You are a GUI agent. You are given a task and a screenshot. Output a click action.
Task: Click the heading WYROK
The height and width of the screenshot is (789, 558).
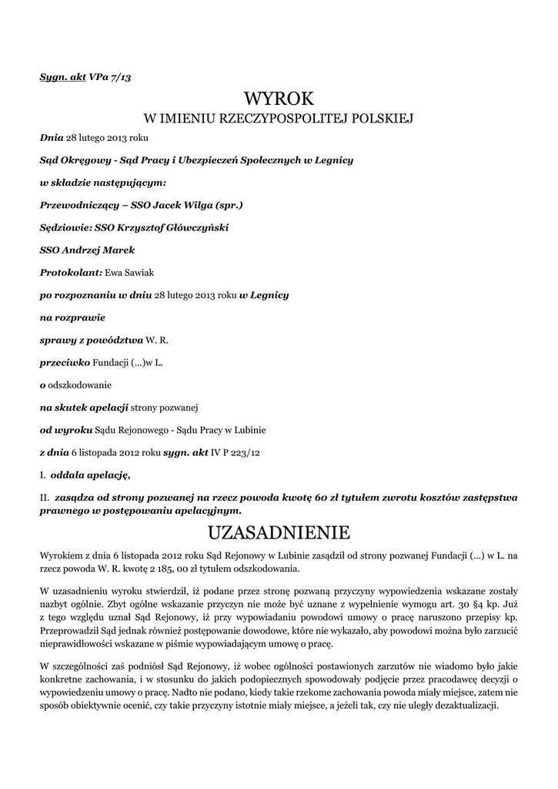[x=279, y=99]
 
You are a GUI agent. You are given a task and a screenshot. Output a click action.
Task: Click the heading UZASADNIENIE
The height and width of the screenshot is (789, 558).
[x=279, y=532]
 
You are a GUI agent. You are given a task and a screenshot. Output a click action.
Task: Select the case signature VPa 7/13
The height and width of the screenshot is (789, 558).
[x=115, y=77]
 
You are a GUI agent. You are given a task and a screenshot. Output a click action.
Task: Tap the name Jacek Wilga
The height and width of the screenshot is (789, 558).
[x=182, y=206]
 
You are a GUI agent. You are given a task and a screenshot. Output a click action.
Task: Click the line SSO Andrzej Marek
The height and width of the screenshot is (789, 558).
[x=87, y=250]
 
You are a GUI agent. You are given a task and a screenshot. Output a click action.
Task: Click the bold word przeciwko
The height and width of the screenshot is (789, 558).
[x=65, y=362]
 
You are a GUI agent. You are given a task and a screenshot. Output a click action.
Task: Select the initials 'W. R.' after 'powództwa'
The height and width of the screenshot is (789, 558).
[x=157, y=340]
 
